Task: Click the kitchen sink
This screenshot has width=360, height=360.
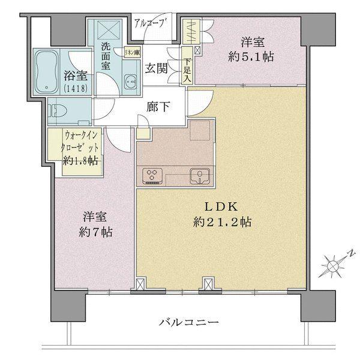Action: [197, 176]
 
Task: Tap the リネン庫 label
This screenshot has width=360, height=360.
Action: [132, 53]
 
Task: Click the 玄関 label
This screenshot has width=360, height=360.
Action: [157, 68]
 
